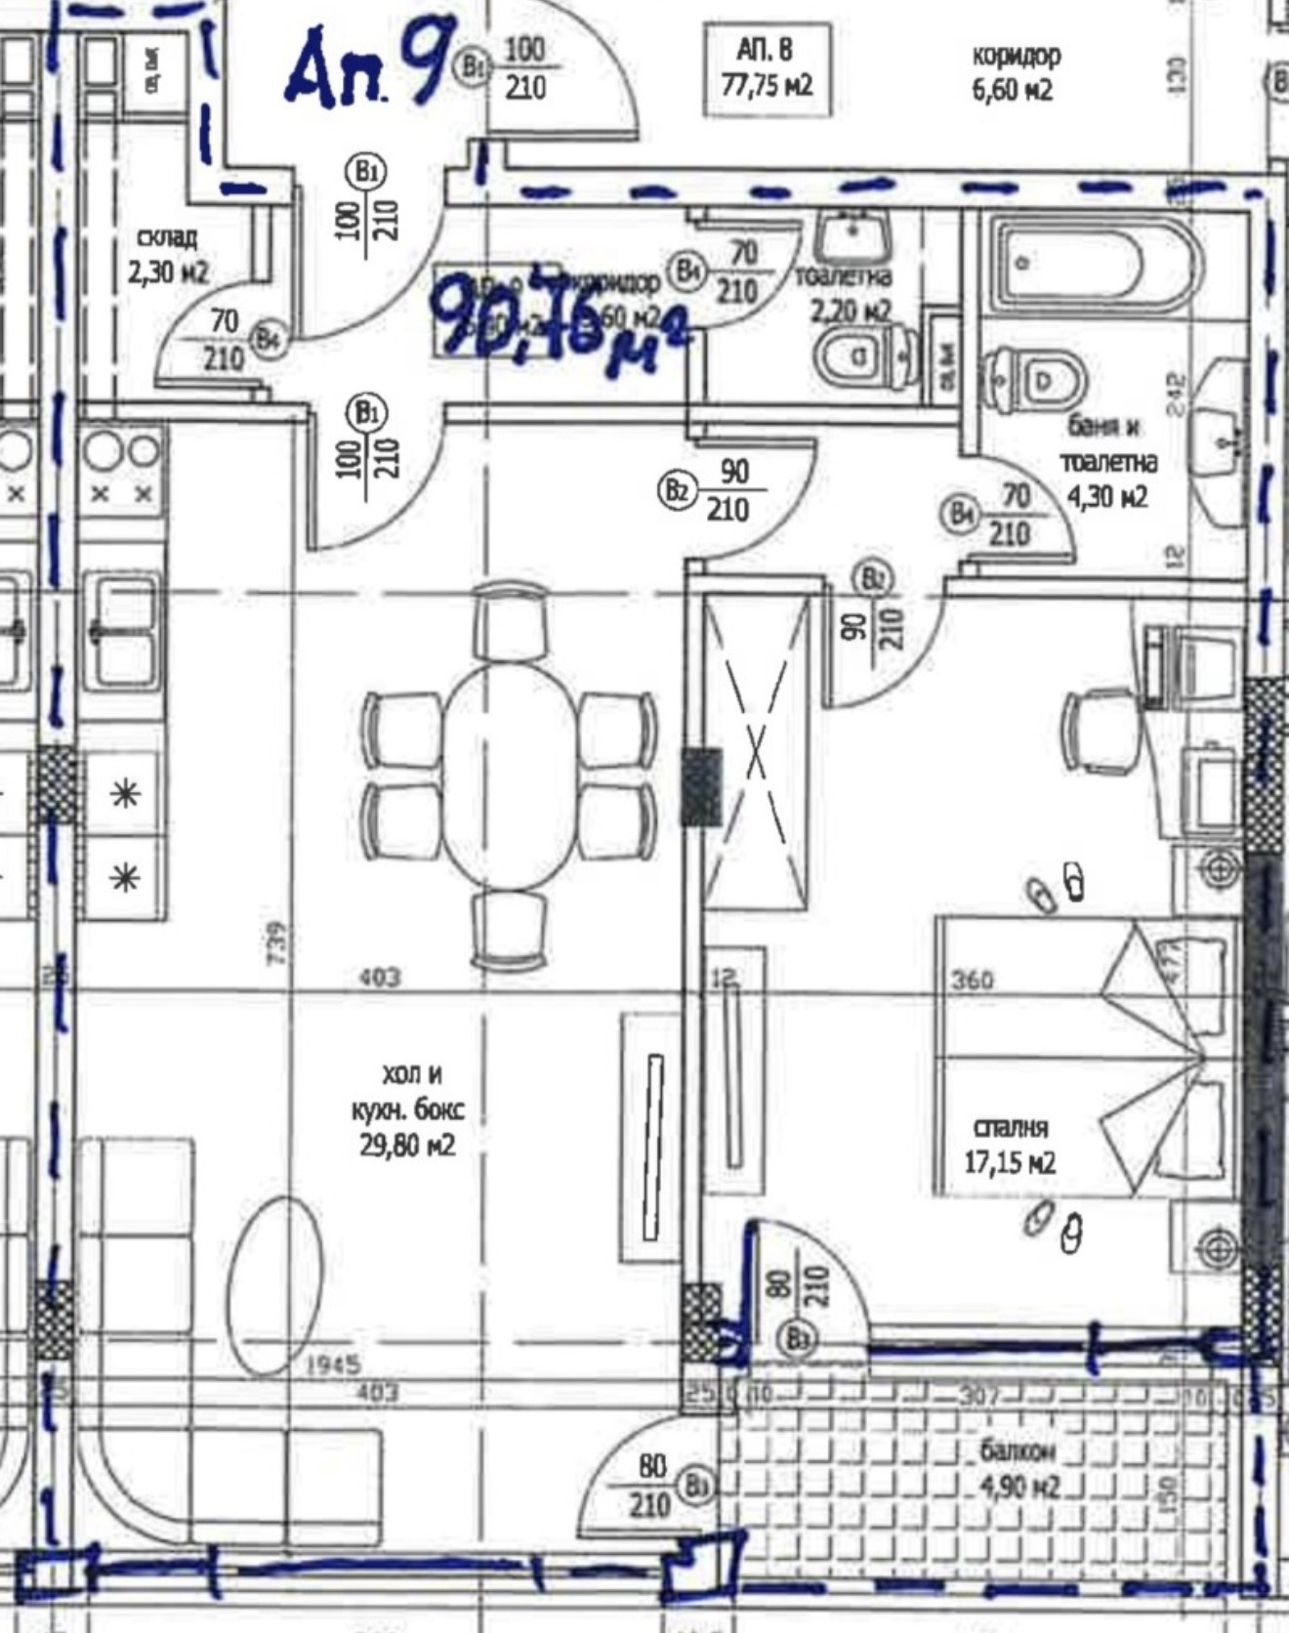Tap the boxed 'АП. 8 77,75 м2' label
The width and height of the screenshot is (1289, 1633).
pyautogui.click(x=767, y=68)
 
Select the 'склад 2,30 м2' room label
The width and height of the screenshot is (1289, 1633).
pyautogui.click(x=168, y=255)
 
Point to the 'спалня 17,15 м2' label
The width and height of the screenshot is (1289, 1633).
pyautogui.click(x=1010, y=1145)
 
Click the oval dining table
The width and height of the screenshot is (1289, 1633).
pyautogui.click(x=509, y=776)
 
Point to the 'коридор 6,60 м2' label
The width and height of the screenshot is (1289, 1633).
pyautogui.click(x=1015, y=72)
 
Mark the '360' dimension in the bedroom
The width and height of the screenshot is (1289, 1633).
pyautogui.click(x=973, y=980)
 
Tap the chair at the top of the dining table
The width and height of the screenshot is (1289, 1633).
pyautogui.click(x=512, y=621)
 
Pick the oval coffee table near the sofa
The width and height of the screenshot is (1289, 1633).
pyautogui.click(x=281, y=1287)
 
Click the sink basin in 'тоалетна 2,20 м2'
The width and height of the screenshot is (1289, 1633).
pyautogui.click(x=852, y=234)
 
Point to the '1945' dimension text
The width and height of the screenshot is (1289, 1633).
pyautogui.click(x=333, y=1363)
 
